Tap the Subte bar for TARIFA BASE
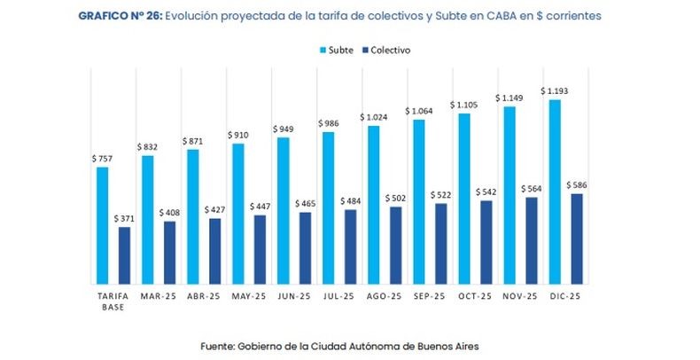pos(102,225)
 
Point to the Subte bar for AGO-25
pos(374,205)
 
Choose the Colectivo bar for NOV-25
pos(532,240)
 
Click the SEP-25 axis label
pos(427,296)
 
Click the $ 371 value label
pos(124,218)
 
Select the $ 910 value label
pos(237,135)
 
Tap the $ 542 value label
pos(486,192)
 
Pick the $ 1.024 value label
pos(373,117)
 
